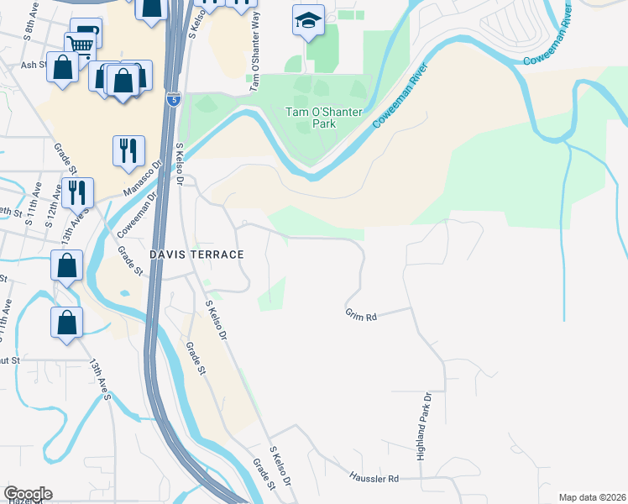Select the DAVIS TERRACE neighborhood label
click(x=196, y=254)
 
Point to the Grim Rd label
click(x=361, y=315)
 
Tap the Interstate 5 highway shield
click(x=173, y=98)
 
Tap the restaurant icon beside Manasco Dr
click(x=128, y=150)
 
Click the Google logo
click(x=28, y=494)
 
